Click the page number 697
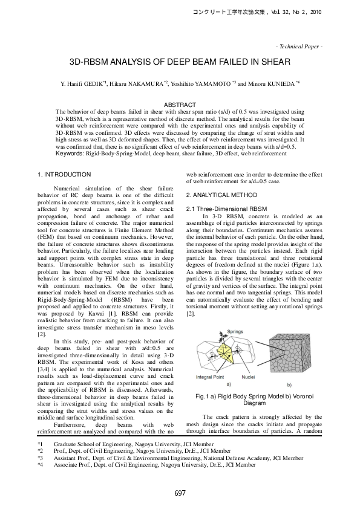(180, 493)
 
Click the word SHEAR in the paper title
(276, 62)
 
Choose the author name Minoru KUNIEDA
(272, 83)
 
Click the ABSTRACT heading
(180, 105)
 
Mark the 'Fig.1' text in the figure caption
(198, 396)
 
